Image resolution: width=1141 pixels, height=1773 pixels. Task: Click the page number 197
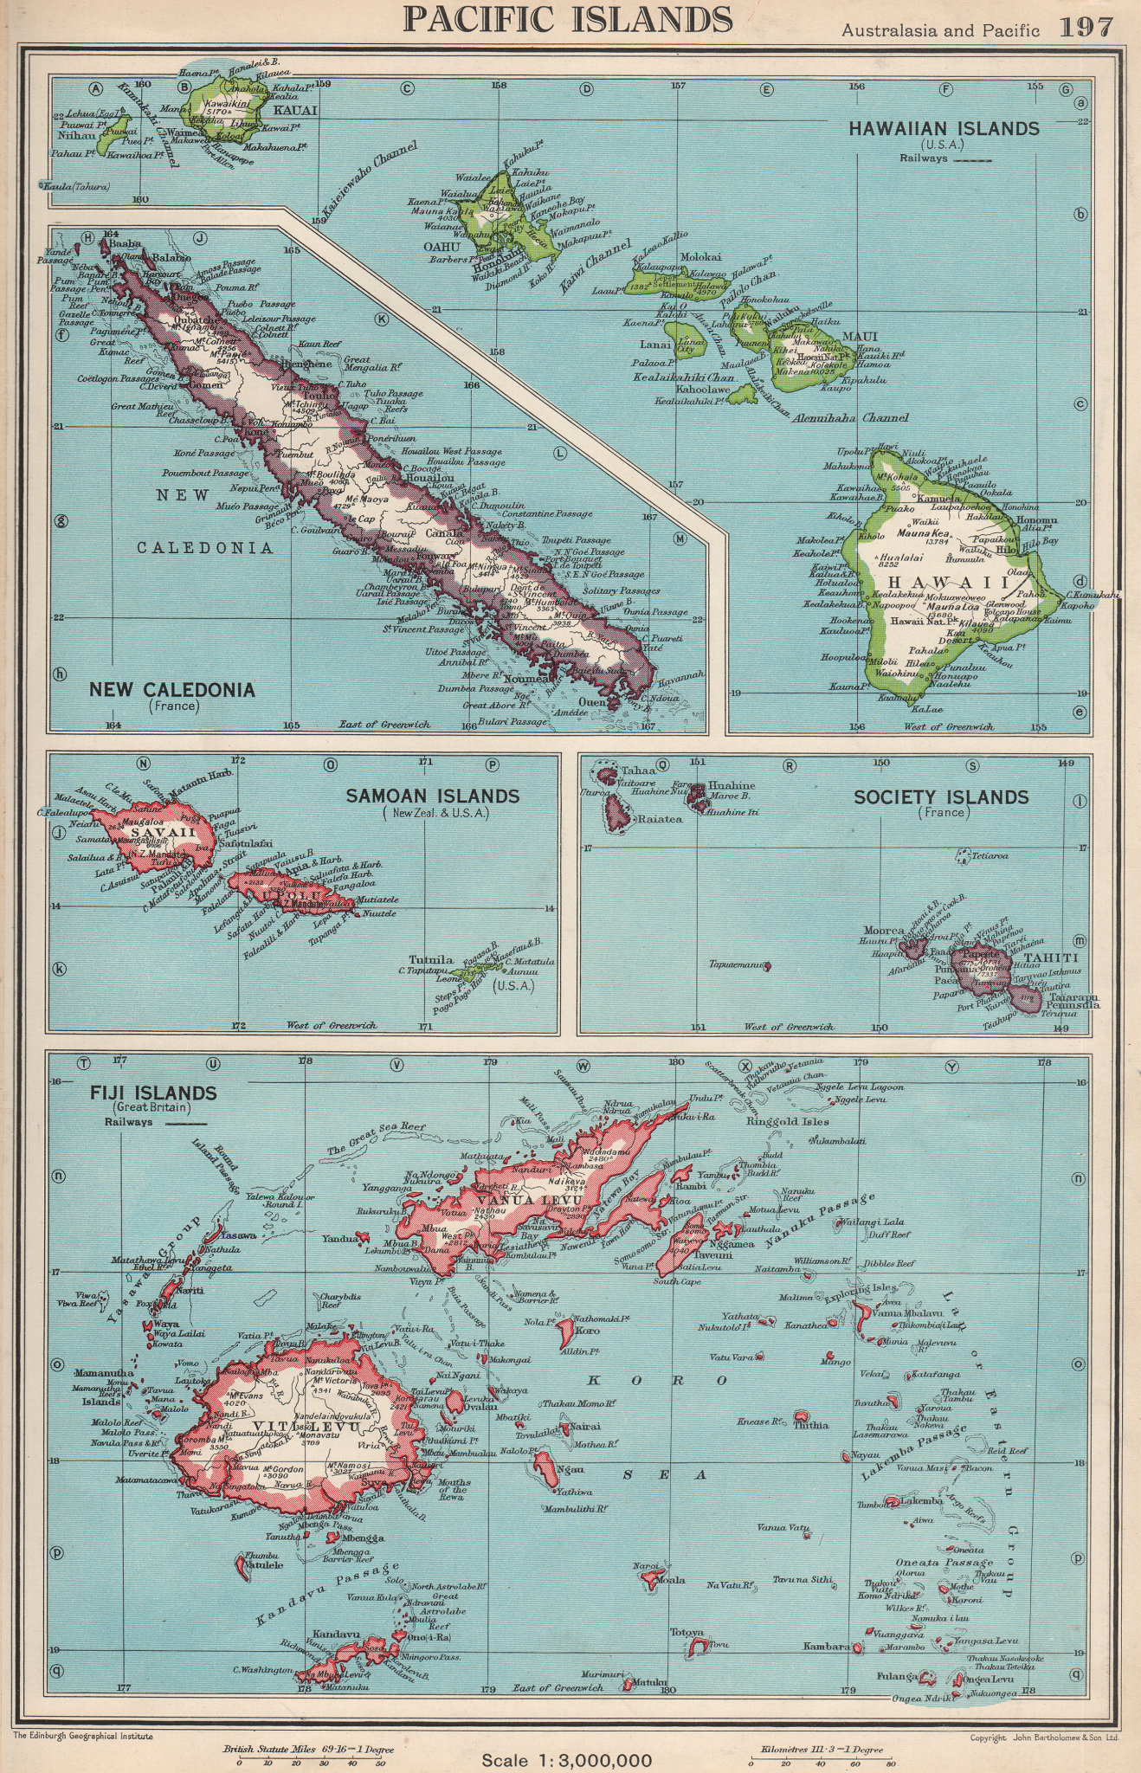[1086, 28]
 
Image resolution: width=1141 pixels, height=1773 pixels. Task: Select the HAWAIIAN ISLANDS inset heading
[943, 129]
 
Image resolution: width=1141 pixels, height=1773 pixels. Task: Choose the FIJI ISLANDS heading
[141, 1093]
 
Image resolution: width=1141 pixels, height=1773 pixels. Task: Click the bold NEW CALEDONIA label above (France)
[172, 690]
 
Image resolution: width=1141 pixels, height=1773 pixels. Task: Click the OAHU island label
[439, 247]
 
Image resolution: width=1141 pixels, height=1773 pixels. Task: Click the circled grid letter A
[95, 87]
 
